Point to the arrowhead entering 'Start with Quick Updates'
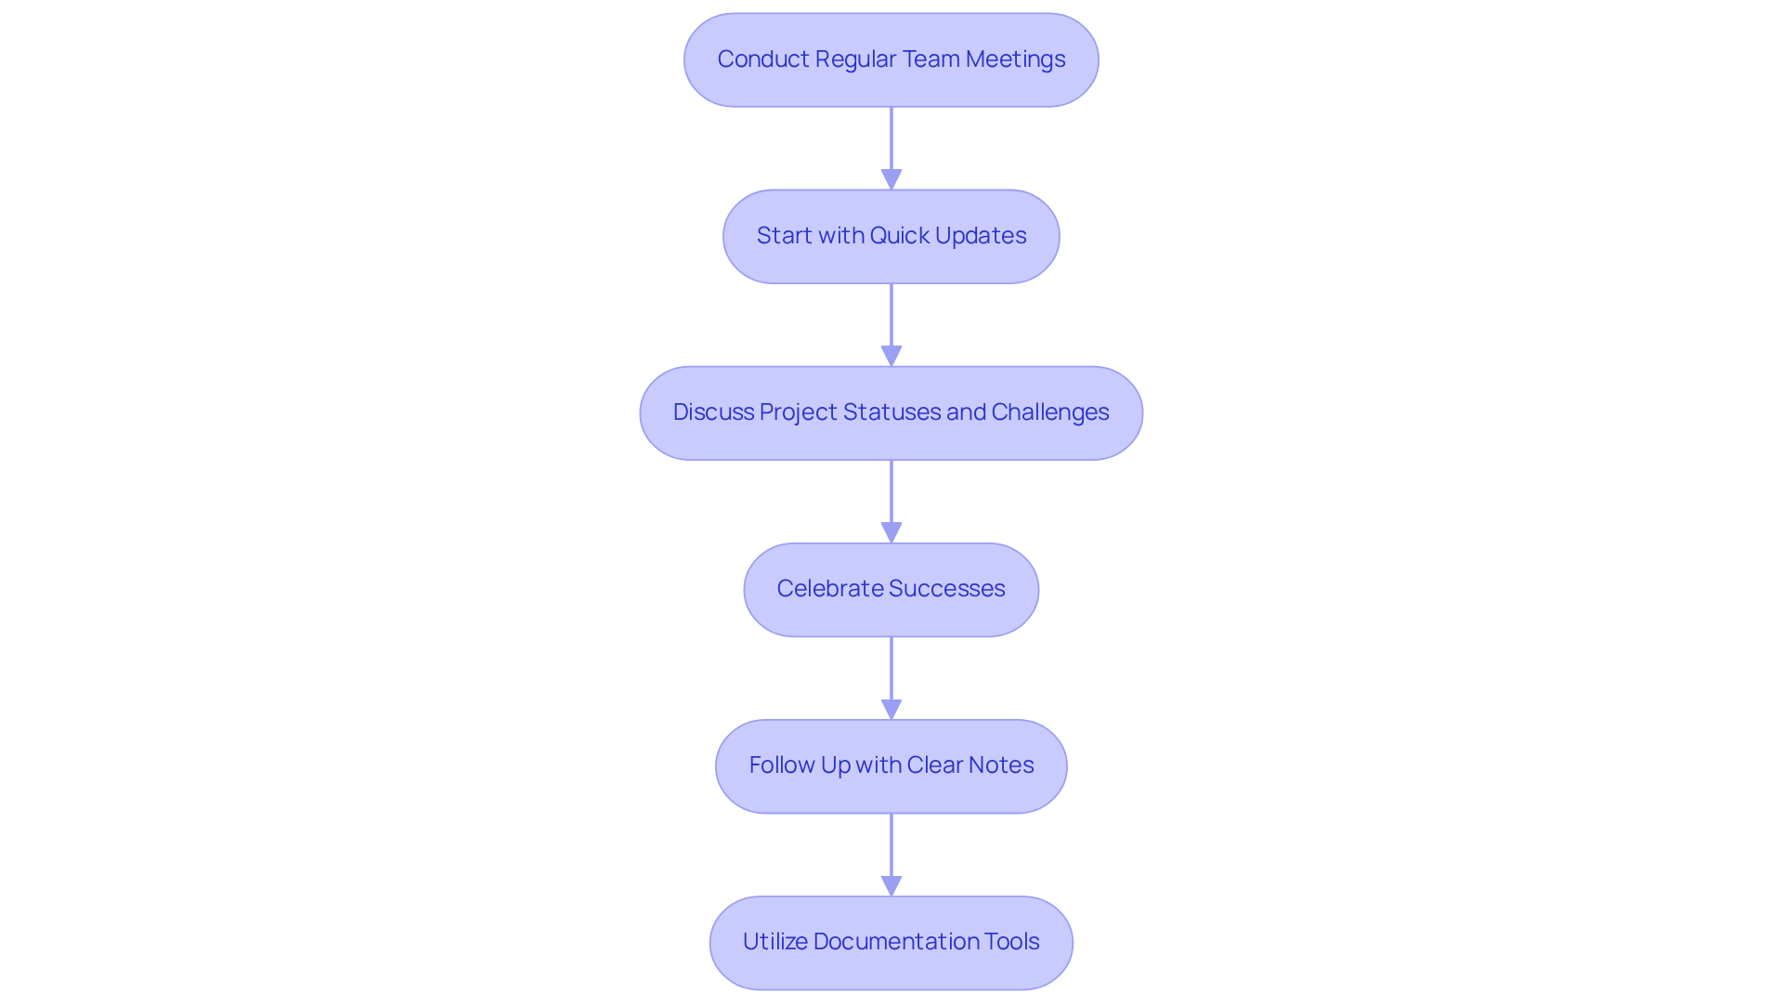click(x=891, y=179)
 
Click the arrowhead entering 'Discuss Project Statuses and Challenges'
click(x=891, y=356)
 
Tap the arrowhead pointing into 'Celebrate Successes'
click(x=891, y=532)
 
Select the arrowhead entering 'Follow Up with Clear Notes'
click(x=891, y=709)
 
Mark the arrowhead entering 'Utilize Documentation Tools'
click(x=891, y=885)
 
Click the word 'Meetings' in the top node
click(x=1015, y=59)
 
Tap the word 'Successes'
click(x=946, y=589)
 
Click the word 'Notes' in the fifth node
click(x=1000, y=765)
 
